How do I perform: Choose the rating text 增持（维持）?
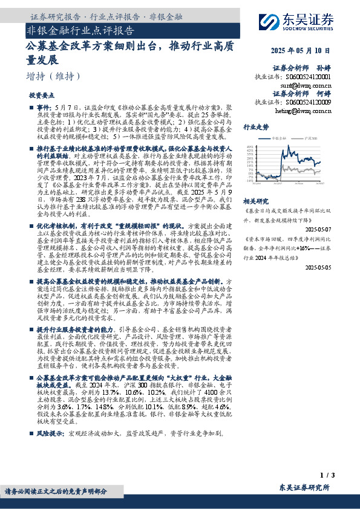pos(54,77)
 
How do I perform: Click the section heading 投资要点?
pos(42,96)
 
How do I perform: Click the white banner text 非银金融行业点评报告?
pos(80,30)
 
